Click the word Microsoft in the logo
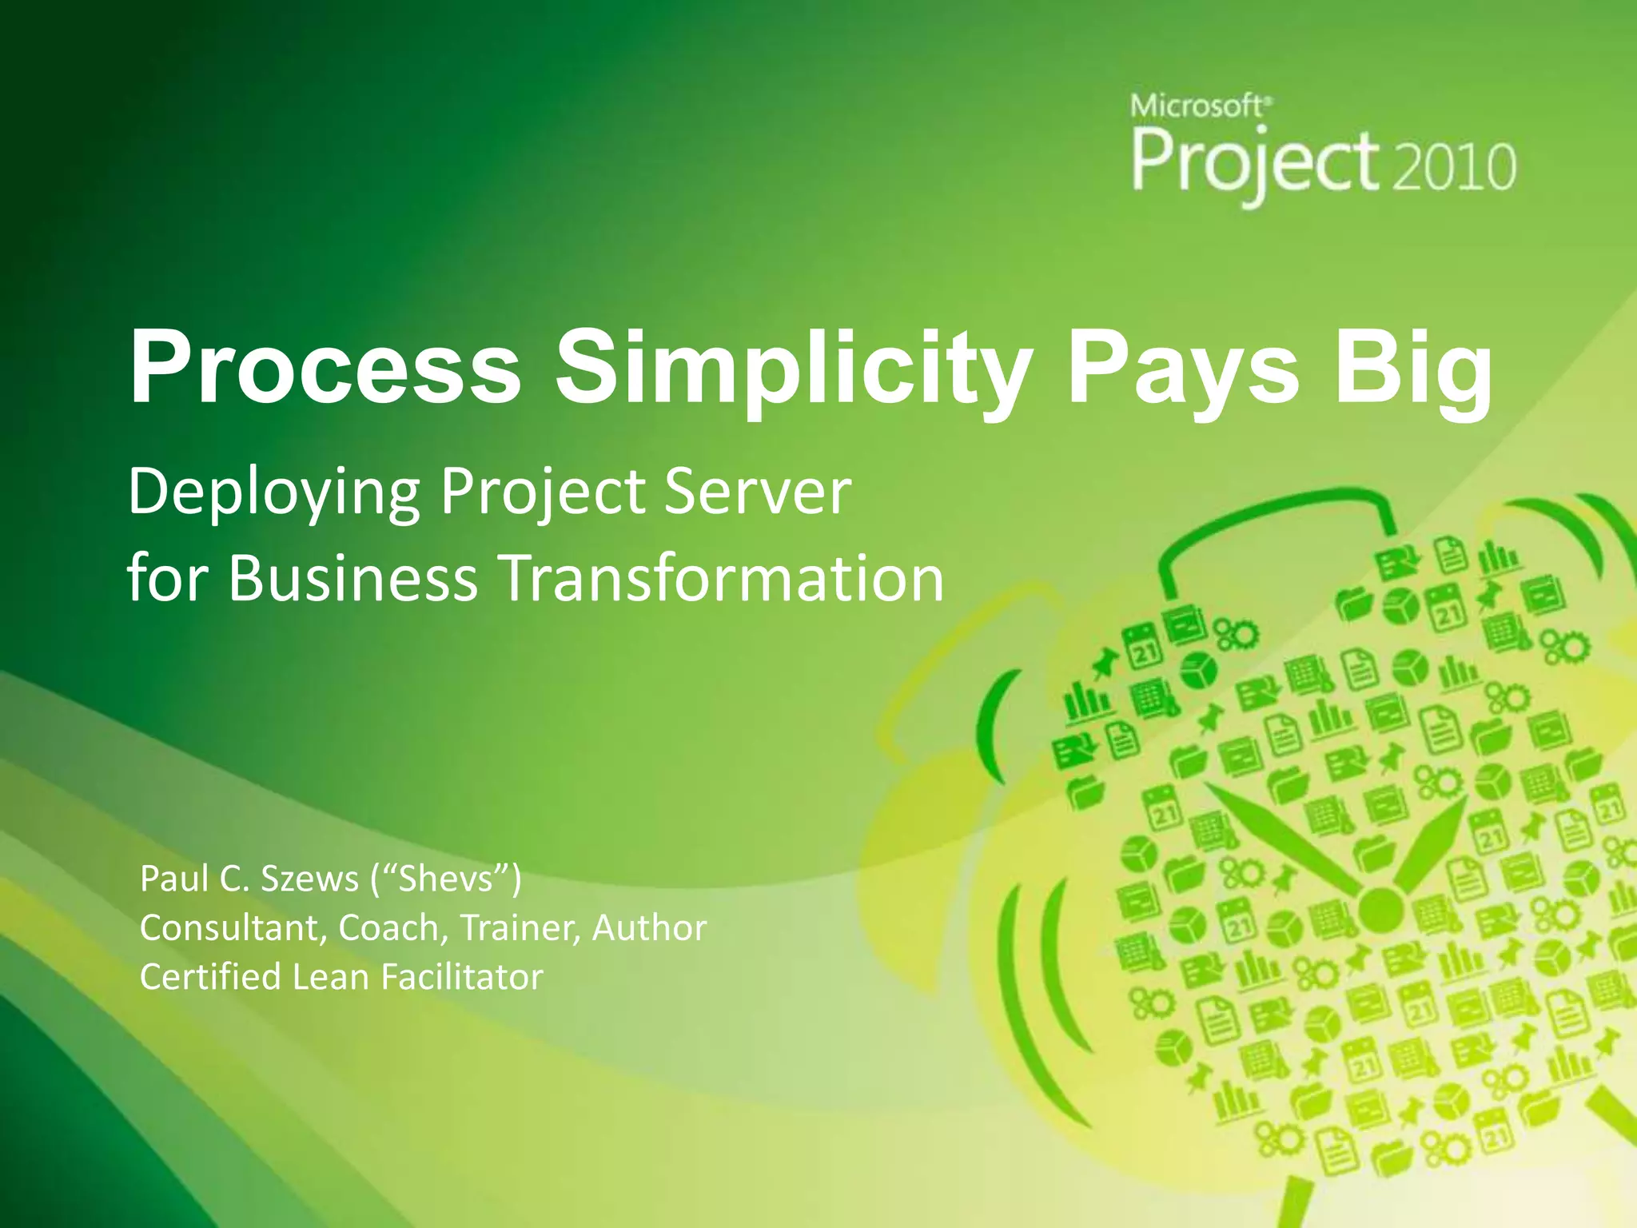tap(1197, 106)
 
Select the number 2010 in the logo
tap(1454, 167)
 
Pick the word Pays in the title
tap(1183, 369)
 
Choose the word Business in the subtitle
tap(352, 577)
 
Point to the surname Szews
tap(309, 879)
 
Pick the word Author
tap(649, 928)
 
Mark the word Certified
tap(210, 977)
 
